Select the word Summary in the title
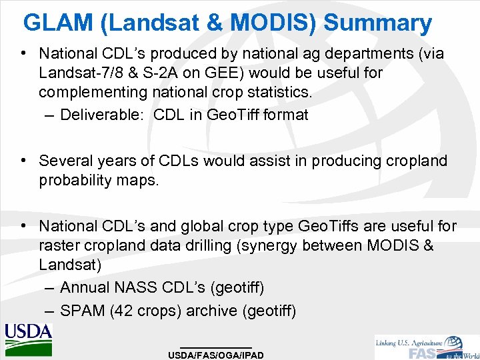pyautogui.click(x=378, y=23)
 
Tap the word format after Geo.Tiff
pyautogui.click(x=285, y=115)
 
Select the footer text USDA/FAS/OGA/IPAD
pyautogui.click(x=216, y=355)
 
